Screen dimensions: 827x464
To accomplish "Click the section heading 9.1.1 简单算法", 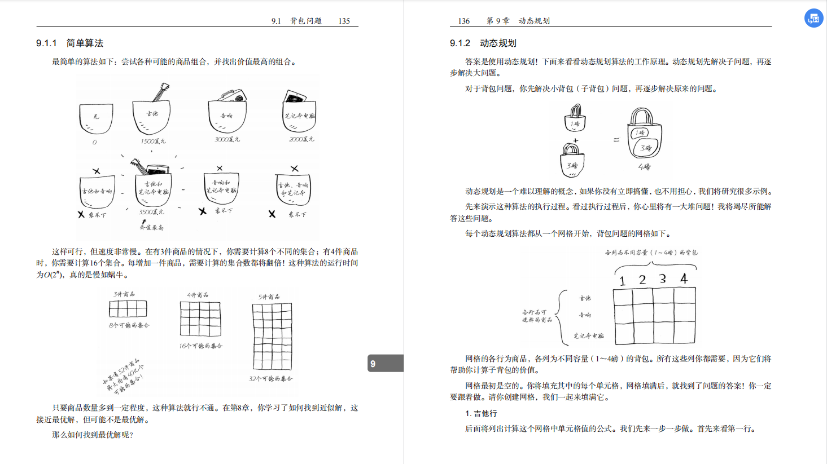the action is [x=69, y=43].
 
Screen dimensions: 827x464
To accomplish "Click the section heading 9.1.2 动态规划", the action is [x=483, y=43].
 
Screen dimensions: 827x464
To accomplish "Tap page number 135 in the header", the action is [x=344, y=21].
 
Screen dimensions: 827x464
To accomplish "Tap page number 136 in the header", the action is [x=463, y=21].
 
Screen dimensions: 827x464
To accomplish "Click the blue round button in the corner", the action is [x=813, y=18].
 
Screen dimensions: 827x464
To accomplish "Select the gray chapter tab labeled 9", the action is [x=385, y=364].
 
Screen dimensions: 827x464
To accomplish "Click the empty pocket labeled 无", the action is [x=96, y=118].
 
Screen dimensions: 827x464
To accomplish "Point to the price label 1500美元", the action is [x=153, y=142].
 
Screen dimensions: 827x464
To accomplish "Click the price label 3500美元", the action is [x=151, y=212].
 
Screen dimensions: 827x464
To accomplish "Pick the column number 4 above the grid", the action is [x=684, y=279].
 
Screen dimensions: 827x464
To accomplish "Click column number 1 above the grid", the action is [x=622, y=281].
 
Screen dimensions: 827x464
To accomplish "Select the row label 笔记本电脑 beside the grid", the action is [x=588, y=335].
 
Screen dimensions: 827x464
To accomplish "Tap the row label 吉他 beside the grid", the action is [x=585, y=298].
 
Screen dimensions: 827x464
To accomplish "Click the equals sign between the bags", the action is [x=616, y=139].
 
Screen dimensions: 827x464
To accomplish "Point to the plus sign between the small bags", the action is [x=575, y=140].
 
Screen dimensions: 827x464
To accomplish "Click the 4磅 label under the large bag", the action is [x=644, y=167].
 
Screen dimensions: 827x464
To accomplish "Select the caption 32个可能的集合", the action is [x=270, y=379].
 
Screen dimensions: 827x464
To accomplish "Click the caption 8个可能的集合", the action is [x=129, y=325].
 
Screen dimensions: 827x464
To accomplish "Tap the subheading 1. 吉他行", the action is [x=481, y=413].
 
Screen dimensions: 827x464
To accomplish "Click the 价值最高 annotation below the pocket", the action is [x=151, y=227].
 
